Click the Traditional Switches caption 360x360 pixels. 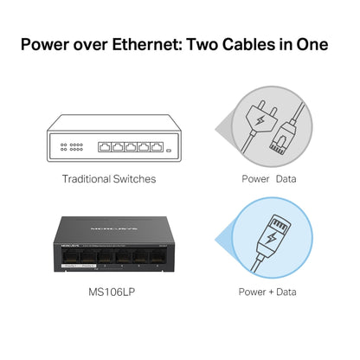pyautogui.click(x=110, y=179)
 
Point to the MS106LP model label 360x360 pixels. pyautogui.click(x=110, y=292)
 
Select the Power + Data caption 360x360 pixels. pyautogui.click(x=267, y=292)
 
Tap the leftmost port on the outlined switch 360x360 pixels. pyautogui.click(x=106, y=146)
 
